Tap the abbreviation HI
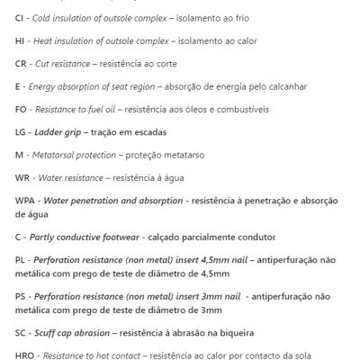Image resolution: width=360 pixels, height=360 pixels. click(x=21, y=41)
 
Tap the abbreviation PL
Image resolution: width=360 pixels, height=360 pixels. click(x=21, y=260)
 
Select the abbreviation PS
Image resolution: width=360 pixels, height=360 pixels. click(x=21, y=294)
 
